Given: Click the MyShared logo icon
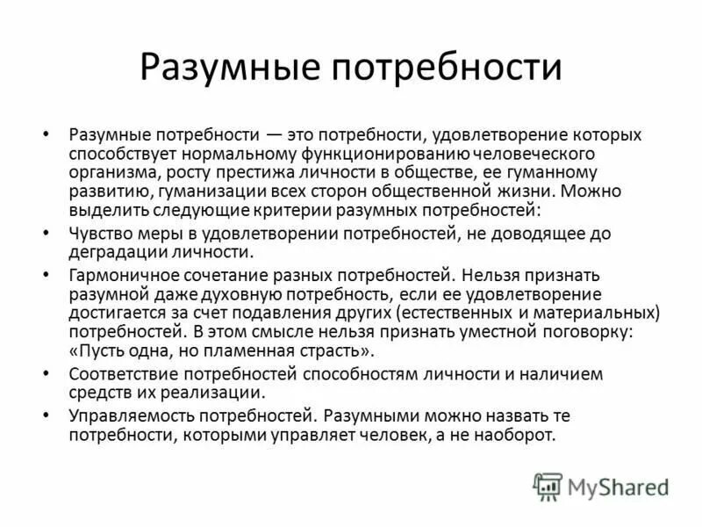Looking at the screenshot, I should [x=548, y=485].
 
